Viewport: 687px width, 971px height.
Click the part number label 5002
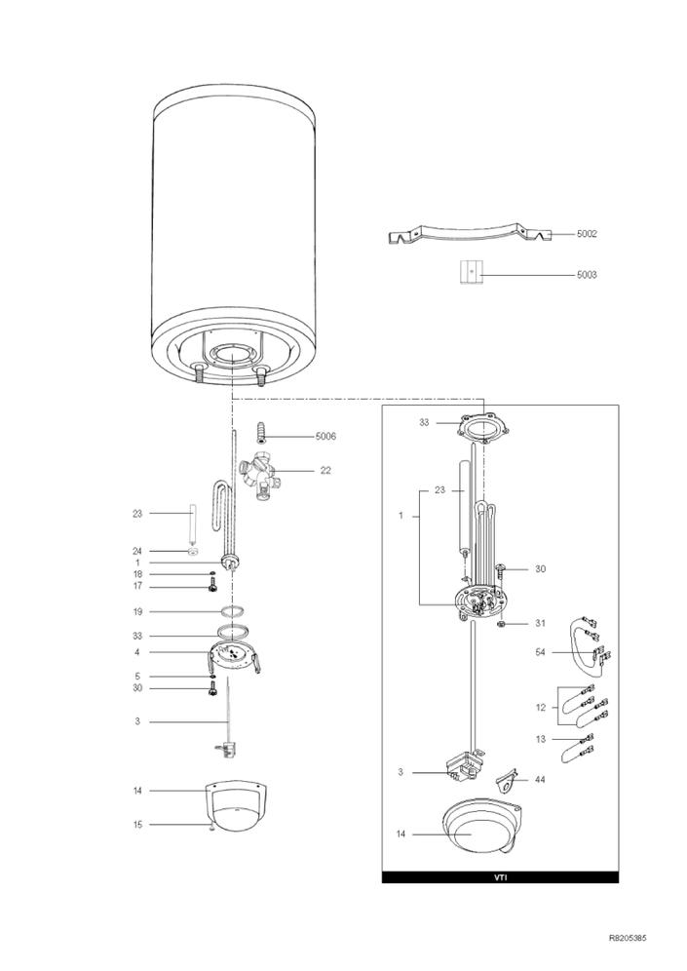[587, 234]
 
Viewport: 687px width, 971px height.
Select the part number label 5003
[587, 274]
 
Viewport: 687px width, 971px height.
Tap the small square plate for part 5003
[471, 272]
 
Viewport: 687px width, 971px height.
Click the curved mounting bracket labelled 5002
[470, 233]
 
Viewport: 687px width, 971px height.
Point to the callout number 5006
[325, 437]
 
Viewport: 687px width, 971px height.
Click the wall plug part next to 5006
[263, 432]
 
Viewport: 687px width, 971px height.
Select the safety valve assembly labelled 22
[258, 476]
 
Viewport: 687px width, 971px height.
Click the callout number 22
[325, 471]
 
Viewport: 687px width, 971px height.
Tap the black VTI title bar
[500, 876]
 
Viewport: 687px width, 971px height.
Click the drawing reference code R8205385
[628, 938]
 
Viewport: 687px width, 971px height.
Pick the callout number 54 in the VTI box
[540, 652]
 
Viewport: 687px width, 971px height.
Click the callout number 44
[540, 780]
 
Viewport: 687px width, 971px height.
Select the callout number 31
[540, 624]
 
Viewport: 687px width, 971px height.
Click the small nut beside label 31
[502, 624]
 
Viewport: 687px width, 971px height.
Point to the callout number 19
[137, 612]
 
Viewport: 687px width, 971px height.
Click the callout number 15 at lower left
[137, 824]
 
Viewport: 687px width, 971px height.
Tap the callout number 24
[137, 551]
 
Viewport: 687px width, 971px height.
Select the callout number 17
[137, 586]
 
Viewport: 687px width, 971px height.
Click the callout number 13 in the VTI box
[540, 739]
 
